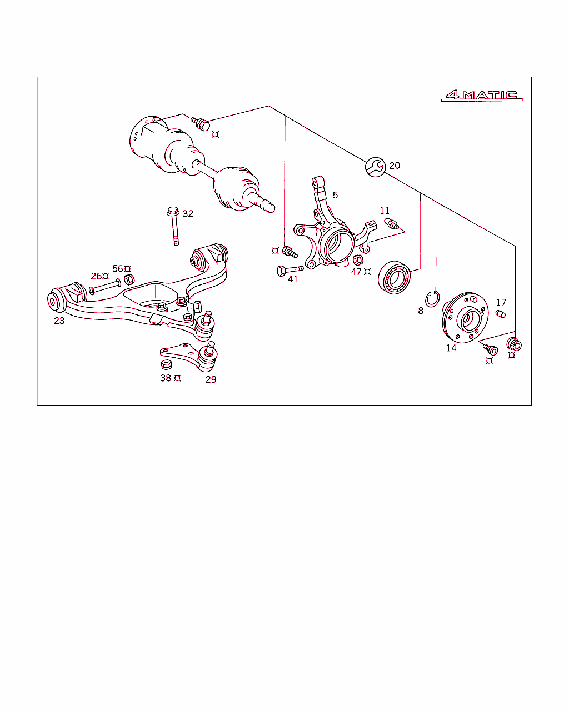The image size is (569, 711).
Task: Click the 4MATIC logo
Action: pyautogui.click(x=482, y=95)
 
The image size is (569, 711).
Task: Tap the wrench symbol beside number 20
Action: pyautogui.click(x=375, y=167)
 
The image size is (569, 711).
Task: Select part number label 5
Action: pyautogui.click(x=335, y=195)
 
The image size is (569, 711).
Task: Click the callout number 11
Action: pyautogui.click(x=385, y=211)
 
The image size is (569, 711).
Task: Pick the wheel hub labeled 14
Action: pyautogui.click(x=465, y=318)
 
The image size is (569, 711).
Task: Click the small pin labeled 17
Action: pyautogui.click(x=501, y=313)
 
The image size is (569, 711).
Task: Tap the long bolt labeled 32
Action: pyautogui.click(x=174, y=226)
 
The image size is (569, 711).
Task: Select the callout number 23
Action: pyautogui.click(x=59, y=321)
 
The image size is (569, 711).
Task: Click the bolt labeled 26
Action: pyautogui.click(x=105, y=287)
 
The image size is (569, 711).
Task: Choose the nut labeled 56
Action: pyautogui.click(x=129, y=279)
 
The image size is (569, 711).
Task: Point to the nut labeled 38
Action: pyautogui.click(x=166, y=364)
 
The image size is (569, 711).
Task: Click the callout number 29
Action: pyautogui.click(x=211, y=379)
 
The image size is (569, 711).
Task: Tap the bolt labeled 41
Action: pyautogui.click(x=290, y=270)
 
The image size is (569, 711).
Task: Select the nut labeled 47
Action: pyautogui.click(x=358, y=260)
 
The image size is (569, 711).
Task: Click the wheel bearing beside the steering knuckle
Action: pyautogui.click(x=394, y=277)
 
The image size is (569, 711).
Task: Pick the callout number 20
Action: pyautogui.click(x=395, y=165)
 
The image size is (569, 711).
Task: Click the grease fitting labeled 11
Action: pyautogui.click(x=391, y=224)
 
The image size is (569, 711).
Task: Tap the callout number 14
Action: pyautogui.click(x=451, y=348)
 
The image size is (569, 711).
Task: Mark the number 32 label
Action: pyautogui.click(x=188, y=214)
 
